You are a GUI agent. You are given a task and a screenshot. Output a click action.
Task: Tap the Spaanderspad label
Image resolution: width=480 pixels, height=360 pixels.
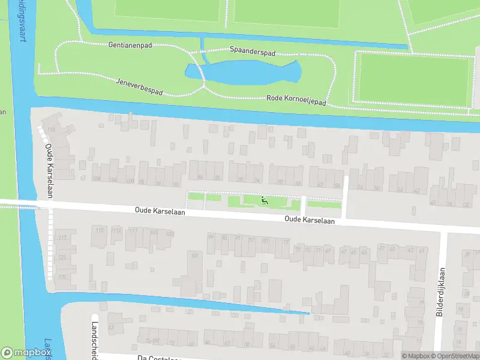coord(253,52)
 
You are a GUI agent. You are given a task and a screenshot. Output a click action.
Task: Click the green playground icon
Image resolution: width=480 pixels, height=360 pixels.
coord(264,200)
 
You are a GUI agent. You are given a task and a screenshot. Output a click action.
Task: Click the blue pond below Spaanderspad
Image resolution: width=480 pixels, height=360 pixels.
coord(252,73)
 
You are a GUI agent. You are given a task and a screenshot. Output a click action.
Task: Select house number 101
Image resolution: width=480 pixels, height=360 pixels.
coord(194,256)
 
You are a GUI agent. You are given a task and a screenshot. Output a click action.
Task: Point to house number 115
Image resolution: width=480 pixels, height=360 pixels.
coord(100,230)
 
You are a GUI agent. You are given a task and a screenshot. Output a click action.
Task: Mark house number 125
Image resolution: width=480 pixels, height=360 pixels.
coord(62,258)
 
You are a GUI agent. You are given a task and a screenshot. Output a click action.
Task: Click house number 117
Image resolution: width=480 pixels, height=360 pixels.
coord(62,238)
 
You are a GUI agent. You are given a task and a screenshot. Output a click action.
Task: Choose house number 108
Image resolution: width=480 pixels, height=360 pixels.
coord(96,179)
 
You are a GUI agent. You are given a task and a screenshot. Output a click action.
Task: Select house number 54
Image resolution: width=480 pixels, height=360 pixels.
coord(360,187)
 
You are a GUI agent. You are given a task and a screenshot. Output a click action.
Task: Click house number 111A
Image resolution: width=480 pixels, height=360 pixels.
coord(116,231)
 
